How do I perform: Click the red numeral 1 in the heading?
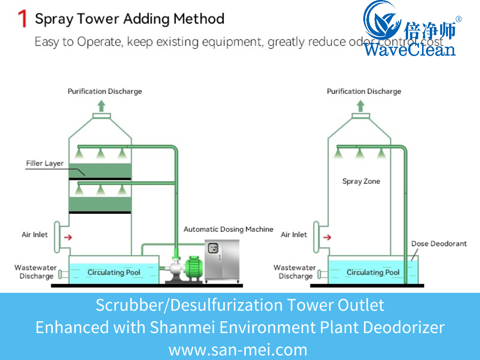22,19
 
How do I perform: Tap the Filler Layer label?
44,163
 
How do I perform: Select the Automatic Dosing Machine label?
228,229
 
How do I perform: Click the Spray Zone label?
361,181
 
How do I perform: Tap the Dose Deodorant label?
439,244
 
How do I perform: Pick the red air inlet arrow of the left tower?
68,237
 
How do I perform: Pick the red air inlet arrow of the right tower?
327,237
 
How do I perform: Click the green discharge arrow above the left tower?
101,105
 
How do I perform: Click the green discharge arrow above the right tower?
361,105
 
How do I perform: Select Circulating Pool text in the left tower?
114,272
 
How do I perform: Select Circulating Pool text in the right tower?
373,272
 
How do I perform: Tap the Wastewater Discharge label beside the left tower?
36,272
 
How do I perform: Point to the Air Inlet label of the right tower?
294,235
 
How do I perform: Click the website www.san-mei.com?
238,350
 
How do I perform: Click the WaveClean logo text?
409,49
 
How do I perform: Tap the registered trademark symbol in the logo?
458,19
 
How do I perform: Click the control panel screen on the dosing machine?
213,248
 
